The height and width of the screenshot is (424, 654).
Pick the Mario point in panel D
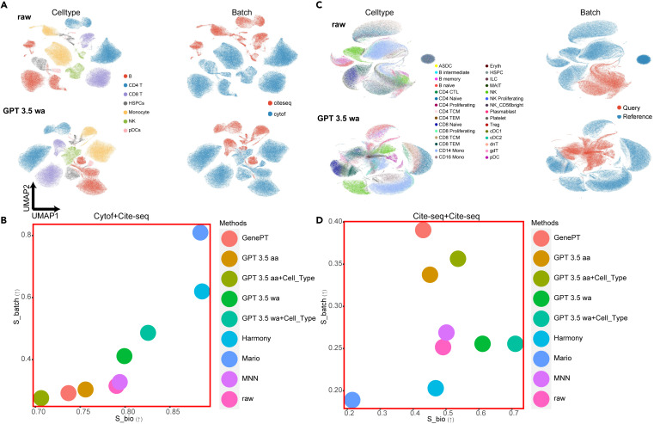pyautogui.click(x=351, y=399)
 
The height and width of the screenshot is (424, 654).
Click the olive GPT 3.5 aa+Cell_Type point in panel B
pyautogui.click(x=40, y=397)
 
